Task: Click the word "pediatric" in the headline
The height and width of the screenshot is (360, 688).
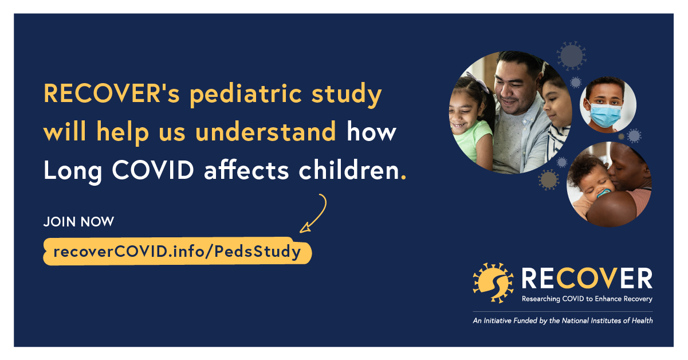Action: click(245, 95)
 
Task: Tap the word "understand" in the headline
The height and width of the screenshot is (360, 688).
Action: click(266, 132)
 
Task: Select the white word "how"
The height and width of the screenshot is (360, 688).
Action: click(372, 132)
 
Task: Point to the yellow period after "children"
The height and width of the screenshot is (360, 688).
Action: click(404, 177)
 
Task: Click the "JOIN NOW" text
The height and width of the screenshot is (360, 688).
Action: click(78, 222)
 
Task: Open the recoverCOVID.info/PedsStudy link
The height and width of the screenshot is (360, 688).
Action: click(177, 252)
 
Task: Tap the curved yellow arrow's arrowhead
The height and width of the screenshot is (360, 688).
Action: click(305, 228)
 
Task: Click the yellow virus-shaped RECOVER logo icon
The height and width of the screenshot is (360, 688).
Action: click(493, 283)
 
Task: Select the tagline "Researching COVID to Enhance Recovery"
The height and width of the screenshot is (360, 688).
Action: click(587, 299)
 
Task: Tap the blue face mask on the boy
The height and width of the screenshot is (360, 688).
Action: click(606, 115)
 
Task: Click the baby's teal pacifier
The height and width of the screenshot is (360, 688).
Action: click(603, 193)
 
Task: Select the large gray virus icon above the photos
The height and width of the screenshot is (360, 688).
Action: click(571, 56)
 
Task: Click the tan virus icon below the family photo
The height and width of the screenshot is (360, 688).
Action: click(549, 180)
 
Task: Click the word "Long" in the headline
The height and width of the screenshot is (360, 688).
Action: click(73, 171)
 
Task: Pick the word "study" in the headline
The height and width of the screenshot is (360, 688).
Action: click(347, 95)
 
